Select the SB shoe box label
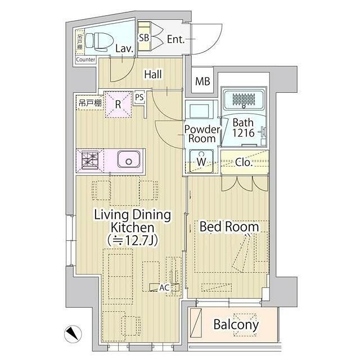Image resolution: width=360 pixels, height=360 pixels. [x=143, y=38]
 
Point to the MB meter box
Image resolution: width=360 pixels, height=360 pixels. [x=202, y=82]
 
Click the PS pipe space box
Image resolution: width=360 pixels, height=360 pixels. [x=139, y=97]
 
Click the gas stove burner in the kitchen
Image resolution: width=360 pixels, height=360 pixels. [x=89, y=160]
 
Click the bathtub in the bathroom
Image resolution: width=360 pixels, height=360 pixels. [x=244, y=100]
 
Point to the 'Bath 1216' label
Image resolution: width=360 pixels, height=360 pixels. [x=244, y=128]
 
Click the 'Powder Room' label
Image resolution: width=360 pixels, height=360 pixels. [x=201, y=134]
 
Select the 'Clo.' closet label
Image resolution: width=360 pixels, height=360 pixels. [x=243, y=163]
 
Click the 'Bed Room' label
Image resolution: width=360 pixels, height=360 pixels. [x=229, y=227]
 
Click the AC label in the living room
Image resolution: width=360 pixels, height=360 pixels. [x=164, y=287]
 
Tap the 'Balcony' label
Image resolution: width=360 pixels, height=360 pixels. [x=236, y=325]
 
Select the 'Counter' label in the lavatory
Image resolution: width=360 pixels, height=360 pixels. [x=85, y=59]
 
